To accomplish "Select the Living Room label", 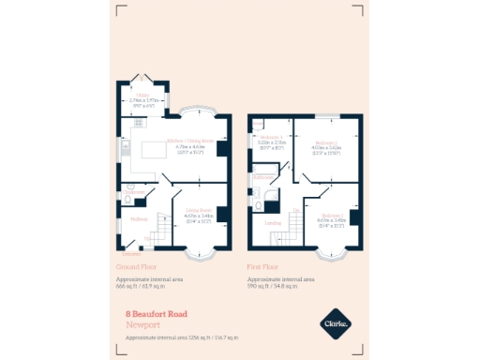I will (200, 210).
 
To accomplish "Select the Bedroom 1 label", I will (333, 214).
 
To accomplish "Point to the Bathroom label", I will (263, 175).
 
